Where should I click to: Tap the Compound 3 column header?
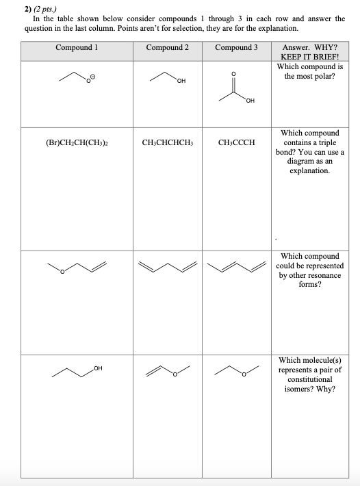236,47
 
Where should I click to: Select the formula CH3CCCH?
236,143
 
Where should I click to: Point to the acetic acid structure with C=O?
236,89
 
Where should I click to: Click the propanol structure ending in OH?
77,372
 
